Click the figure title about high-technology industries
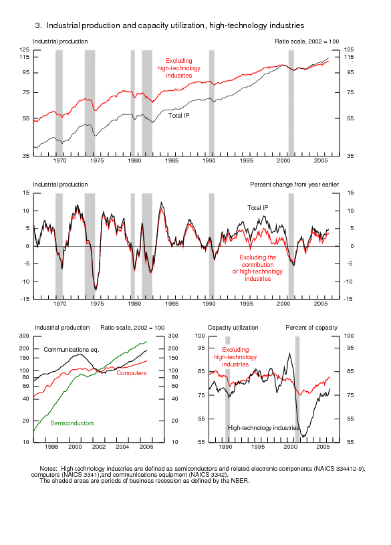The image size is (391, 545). tap(170, 25)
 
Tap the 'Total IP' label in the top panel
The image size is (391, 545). tap(178, 116)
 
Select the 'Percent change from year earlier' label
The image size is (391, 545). tap(294, 184)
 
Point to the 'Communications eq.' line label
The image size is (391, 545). tap(72, 349)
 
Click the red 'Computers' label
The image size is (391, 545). tap(132, 373)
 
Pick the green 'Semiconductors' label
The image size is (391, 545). tap(72, 423)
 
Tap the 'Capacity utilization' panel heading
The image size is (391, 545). tap(233, 328)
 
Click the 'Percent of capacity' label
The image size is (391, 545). tap(311, 328)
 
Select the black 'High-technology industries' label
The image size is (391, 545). tap(263, 427)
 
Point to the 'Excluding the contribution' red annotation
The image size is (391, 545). tap(257, 261)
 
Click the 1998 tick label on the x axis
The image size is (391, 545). tap(51, 447)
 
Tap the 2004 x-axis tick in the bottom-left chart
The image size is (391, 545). tap(122, 447)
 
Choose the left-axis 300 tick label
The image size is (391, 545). tap(24, 336)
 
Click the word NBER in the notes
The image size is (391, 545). tap(239, 481)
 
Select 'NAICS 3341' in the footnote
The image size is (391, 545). tap(82, 474)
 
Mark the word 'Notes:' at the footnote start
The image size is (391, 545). tap(48, 469)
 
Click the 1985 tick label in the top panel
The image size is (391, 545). tap(172, 160)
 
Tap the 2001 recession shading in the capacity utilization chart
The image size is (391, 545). tap(297, 389)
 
